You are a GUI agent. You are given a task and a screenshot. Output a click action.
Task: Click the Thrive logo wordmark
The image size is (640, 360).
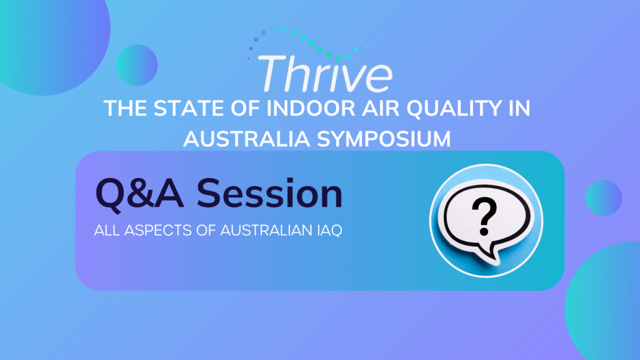pos(325,74)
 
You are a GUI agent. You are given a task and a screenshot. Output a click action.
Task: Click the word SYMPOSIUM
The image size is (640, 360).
pos(384,139)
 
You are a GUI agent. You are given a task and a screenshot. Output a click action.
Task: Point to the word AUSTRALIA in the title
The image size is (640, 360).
pos(247,139)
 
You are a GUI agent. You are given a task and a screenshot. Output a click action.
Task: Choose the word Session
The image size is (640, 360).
pos(269,194)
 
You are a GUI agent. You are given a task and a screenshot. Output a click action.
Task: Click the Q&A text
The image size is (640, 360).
pos(139,195)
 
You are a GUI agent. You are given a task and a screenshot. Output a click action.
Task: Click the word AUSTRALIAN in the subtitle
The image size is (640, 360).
pos(266,231)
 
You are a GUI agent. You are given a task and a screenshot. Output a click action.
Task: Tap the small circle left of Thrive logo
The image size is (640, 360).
pos(137,65)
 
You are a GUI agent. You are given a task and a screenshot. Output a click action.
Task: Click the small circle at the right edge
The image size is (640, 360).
pos(604,198)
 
